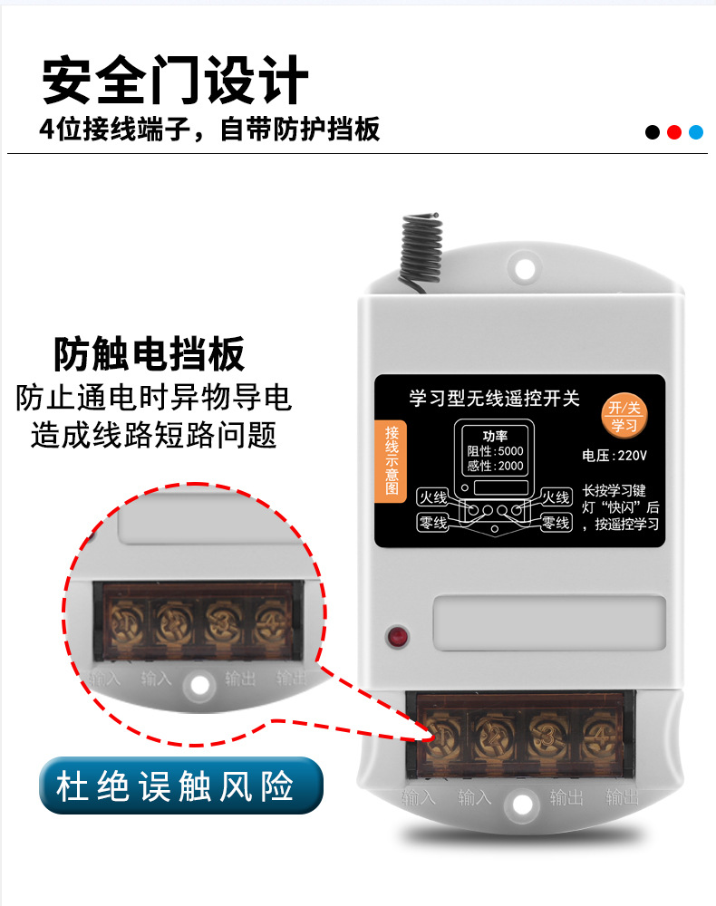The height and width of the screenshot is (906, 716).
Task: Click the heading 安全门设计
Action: (x=176, y=81)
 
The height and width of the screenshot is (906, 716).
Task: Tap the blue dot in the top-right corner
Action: (x=696, y=132)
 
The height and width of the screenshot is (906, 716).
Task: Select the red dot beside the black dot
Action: (x=674, y=132)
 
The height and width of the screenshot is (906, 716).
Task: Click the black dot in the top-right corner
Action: (x=653, y=132)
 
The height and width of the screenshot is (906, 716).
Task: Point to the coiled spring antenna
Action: (x=419, y=239)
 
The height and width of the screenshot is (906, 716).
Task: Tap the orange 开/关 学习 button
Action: (x=624, y=415)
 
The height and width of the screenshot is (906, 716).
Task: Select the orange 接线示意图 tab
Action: (x=392, y=461)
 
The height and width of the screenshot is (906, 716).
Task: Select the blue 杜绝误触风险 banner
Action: (x=181, y=785)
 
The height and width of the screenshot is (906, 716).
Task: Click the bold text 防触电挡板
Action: (x=150, y=354)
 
